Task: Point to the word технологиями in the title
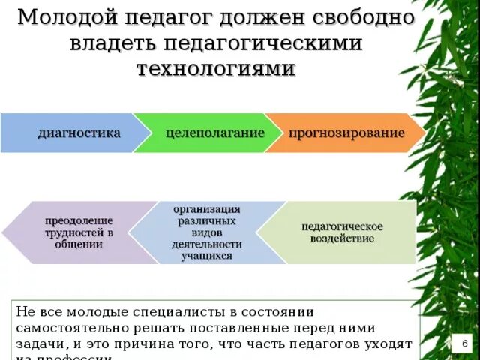pyautogui.click(x=216, y=68)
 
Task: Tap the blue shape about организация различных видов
pyautogui.click(x=206, y=232)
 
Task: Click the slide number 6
pyautogui.click(x=465, y=343)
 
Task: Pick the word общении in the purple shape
pyautogui.click(x=79, y=244)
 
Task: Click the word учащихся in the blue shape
pyautogui.click(x=206, y=256)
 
